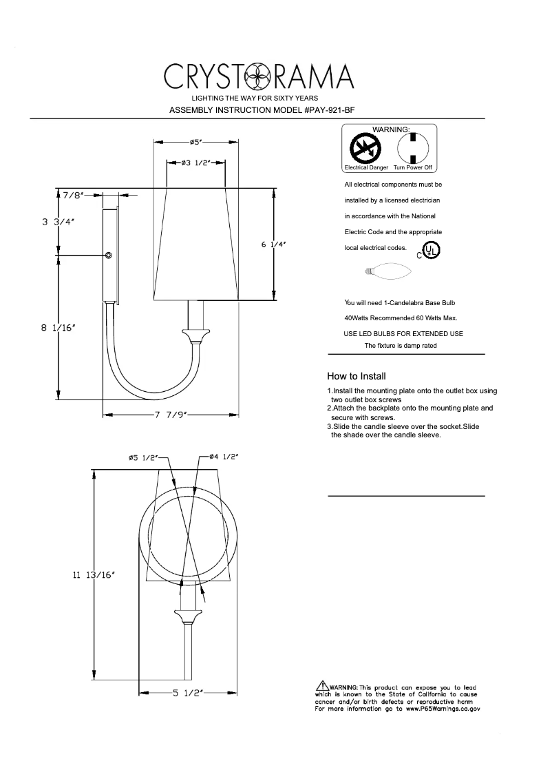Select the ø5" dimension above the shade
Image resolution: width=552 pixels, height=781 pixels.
pyautogui.click(x=195, y=142)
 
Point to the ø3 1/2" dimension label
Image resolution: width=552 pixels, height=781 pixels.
pyautogui.click(x=196, y=163)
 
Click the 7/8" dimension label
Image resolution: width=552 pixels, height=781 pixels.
pyautogui.click(x=72, y=196)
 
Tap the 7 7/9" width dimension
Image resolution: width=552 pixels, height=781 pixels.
pyautogui.click(x=171, y=415)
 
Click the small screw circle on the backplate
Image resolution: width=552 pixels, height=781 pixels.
pyautogui.click(x=109, y=256)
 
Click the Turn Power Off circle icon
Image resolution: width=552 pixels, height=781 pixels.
pyautogui.click(x=413, y=147)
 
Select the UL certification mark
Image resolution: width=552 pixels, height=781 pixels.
pyautogui.click(x=431, y=249)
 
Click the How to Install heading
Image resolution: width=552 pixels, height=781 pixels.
pyautogui.click(x=356, y=376)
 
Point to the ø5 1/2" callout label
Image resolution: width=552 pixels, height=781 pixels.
pyautogui.click(x=143, y=457)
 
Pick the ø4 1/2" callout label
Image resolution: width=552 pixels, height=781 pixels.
pyautogui.click(x=223, y=457)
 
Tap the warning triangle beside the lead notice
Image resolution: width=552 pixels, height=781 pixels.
pyautogui.click(x=322, y=686)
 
